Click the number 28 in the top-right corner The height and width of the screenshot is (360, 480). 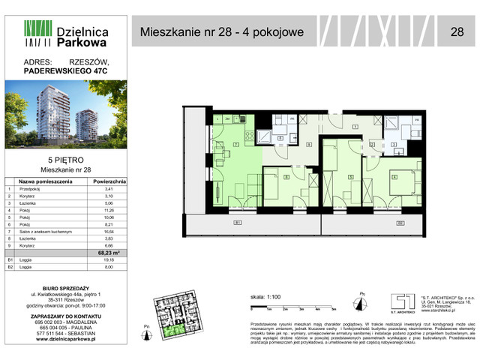point(456,32)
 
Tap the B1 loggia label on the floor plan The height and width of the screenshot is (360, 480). point(237,223)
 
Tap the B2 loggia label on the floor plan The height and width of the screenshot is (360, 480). point(400,223)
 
